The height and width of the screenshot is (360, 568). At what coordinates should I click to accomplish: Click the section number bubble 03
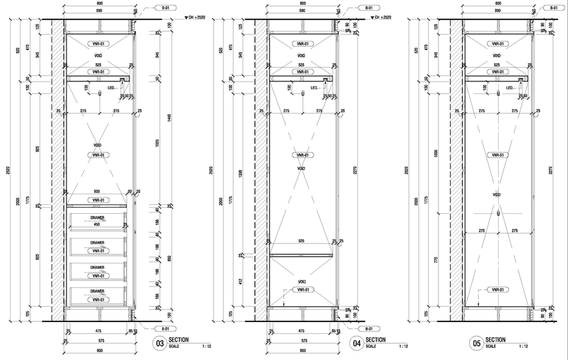(159, 343)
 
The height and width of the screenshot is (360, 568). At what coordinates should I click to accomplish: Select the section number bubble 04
(356, 343)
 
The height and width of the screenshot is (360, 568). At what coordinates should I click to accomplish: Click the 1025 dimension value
(157, 143)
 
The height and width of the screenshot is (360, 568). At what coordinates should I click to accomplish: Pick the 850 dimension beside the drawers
(170, 258)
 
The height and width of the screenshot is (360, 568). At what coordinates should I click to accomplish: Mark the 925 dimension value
(38, 150)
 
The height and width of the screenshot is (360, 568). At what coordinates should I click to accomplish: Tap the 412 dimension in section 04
(240, 281)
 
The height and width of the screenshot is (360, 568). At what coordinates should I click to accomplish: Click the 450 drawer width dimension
(96, 224)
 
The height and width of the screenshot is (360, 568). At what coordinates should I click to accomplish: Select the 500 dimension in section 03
(97, 192)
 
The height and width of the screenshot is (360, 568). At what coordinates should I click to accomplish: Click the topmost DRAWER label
(97, 218)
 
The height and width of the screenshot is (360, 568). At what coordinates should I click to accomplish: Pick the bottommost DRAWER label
(97, 291)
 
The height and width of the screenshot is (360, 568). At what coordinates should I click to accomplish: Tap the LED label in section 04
(314, 88)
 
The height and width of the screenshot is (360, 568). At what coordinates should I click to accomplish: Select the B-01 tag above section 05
(554, 8)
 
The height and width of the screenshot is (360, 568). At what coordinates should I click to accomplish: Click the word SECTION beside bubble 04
(375, 340)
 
